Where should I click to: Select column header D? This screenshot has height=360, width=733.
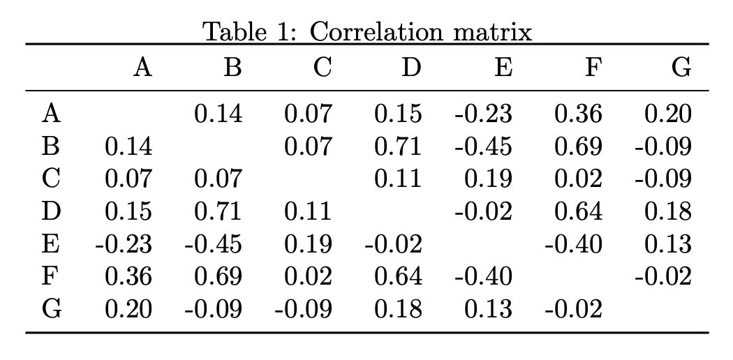pos(412,68)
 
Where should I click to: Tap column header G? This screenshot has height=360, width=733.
pos(681,68)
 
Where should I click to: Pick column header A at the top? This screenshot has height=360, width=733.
pos(142,68)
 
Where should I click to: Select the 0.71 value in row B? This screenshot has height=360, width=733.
pos(397,146)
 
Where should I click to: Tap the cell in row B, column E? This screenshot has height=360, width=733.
pos(483,146)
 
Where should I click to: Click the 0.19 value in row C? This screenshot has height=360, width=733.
pos(487,179)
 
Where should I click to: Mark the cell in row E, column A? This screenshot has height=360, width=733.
pos(124,244)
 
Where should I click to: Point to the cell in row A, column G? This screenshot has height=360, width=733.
pos(667,113)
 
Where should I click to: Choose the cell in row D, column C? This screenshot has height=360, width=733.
pos(308,211)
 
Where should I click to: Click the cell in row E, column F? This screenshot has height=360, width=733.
pos(573,244)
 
